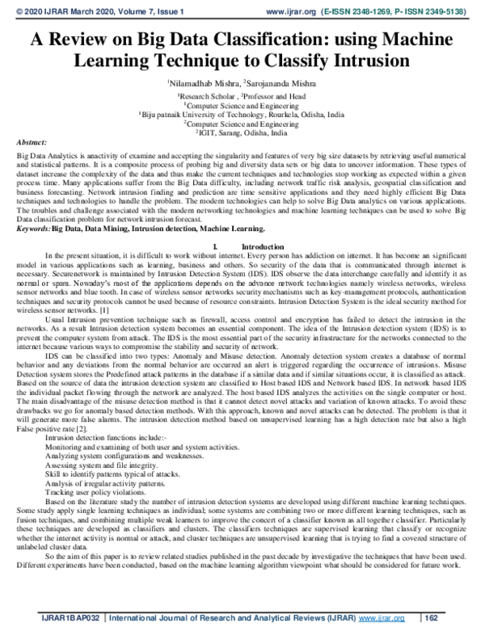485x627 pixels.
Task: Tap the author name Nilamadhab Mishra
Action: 197,82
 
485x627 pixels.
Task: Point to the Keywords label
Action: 33,185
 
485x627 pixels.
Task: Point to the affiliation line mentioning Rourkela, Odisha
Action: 242,115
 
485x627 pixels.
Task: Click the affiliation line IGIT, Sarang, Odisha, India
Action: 242,133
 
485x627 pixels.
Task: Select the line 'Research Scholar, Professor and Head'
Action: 242,95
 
